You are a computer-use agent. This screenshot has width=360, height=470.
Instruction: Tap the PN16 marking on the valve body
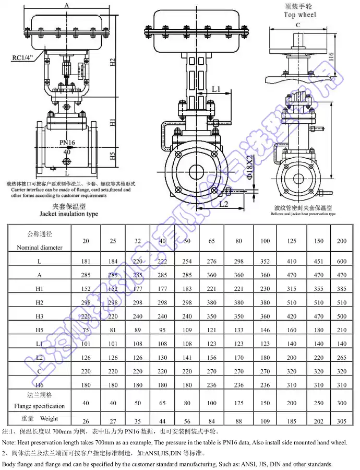pyautogui.click(x=67, y=142)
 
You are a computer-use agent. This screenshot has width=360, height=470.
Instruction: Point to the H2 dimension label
pyautogui.click(x=112, y=62)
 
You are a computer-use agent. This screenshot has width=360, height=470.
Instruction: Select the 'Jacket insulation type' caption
pyautogui.click(x=68, y=214)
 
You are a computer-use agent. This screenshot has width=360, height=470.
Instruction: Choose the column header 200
pyautogui.click(x=342, y=241)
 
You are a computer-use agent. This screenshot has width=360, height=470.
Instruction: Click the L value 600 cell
pyautogui.click(x=342, y=261)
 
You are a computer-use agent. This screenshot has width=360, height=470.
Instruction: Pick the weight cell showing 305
pyautogui.click(x=342, y=421)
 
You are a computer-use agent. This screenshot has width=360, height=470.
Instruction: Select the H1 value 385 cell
pyautogui.click(x=342, y=289)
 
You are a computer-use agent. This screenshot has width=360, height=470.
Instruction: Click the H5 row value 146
pyautogui.click(x=265, y=330)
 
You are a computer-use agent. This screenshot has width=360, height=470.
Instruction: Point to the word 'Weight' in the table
pyautogui.click(x=49, y=419)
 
